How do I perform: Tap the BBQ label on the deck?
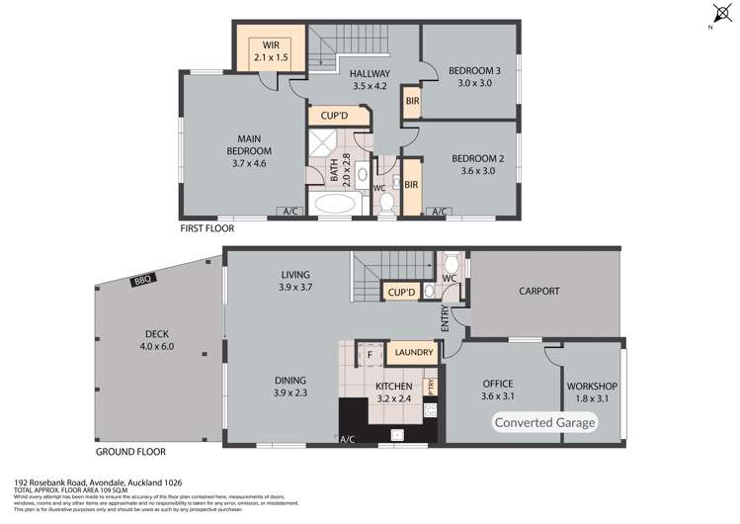138,283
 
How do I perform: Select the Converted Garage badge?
545,423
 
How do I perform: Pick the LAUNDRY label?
414,352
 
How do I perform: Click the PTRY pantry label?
430,386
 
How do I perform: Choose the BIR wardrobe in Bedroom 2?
411,185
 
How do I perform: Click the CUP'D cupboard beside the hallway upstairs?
340,116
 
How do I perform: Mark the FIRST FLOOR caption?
206,228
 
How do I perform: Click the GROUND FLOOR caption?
128,452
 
